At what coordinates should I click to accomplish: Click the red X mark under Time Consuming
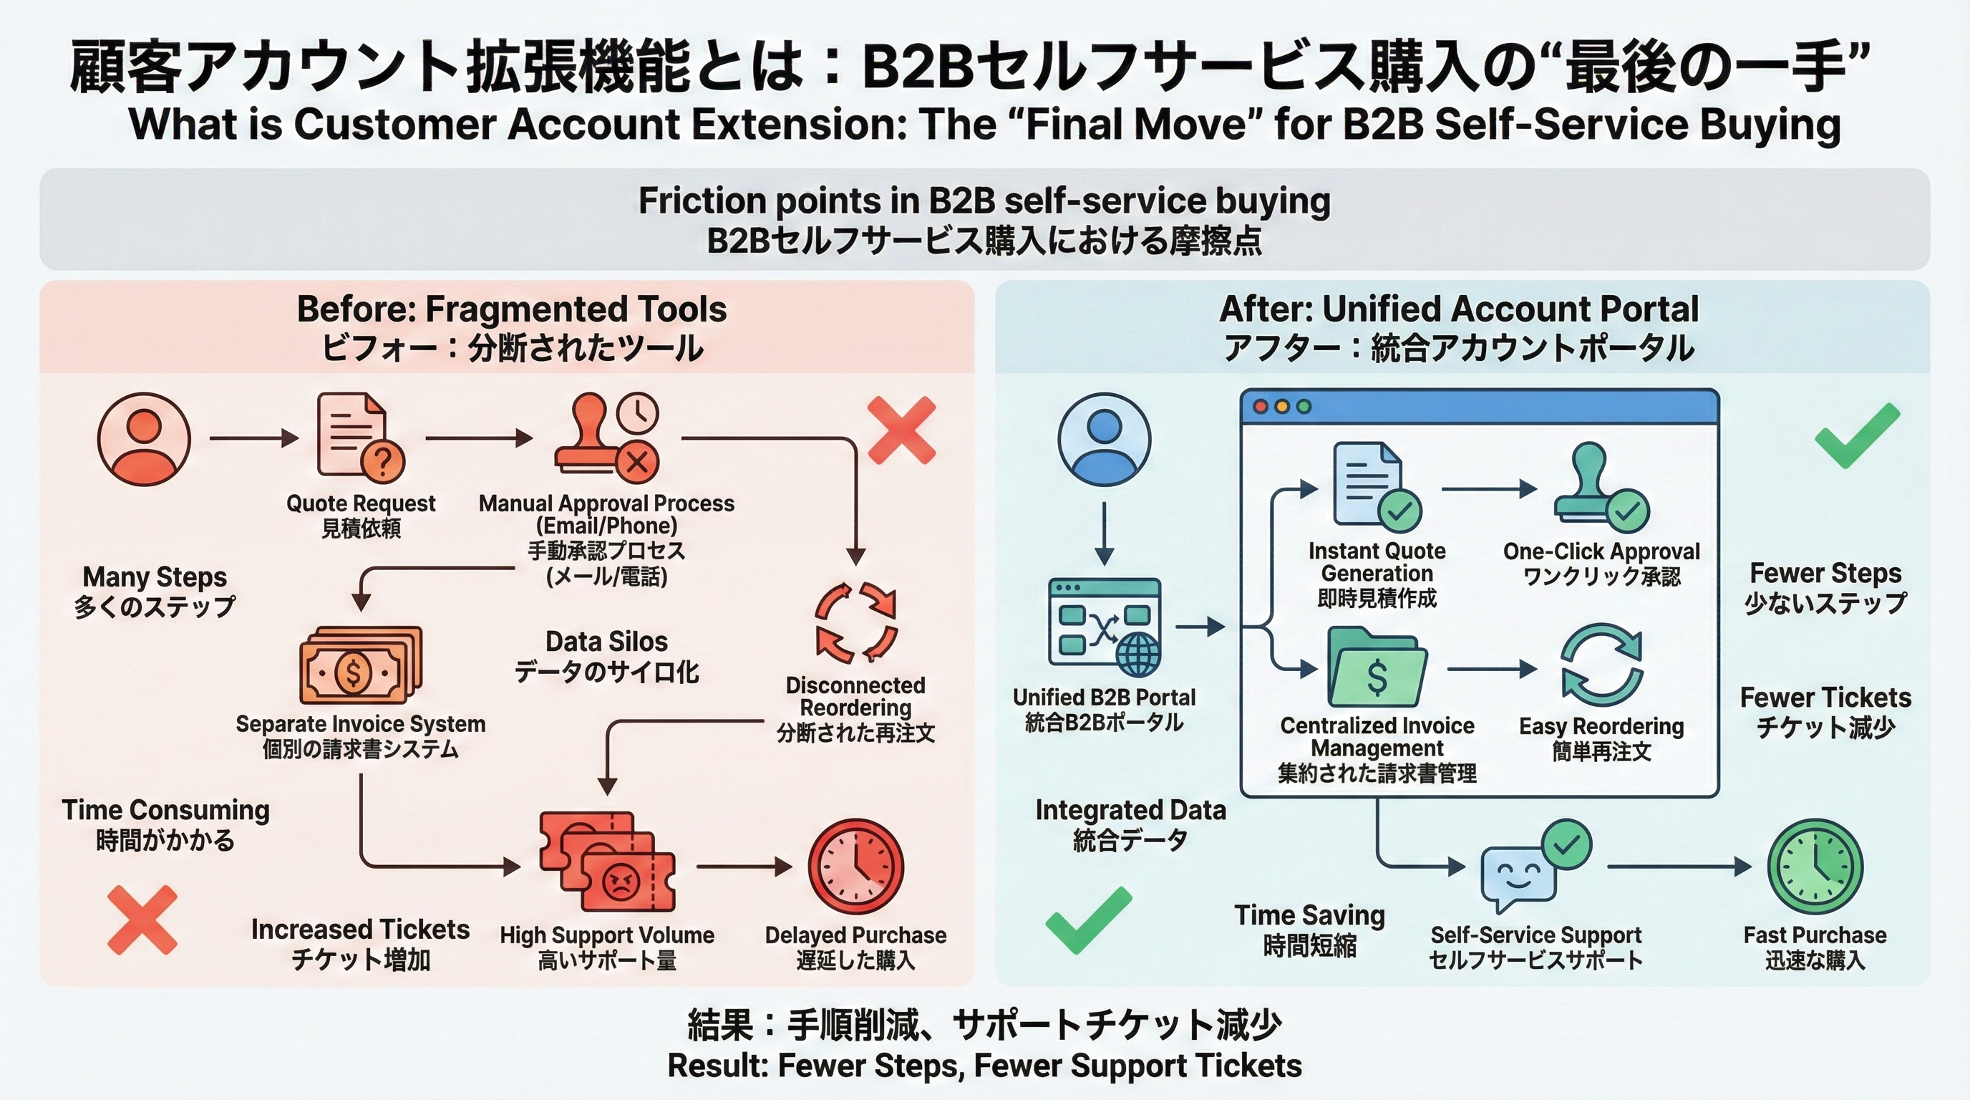[x=142, y=920]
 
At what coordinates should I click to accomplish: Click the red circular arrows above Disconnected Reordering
[x=855, y=622]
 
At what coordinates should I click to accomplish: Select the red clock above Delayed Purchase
[x=855, y=867]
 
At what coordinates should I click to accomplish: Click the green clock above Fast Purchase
[x=1815, y=867]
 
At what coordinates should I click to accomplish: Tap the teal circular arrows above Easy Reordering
[x=1601, y=664]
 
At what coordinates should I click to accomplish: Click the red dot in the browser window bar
[x=1261, y=407]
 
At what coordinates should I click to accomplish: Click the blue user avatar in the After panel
[x=1105, y=438]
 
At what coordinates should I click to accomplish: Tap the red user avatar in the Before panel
[x=144, y=438]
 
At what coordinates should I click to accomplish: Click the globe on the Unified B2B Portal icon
[x=1138, y=655]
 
